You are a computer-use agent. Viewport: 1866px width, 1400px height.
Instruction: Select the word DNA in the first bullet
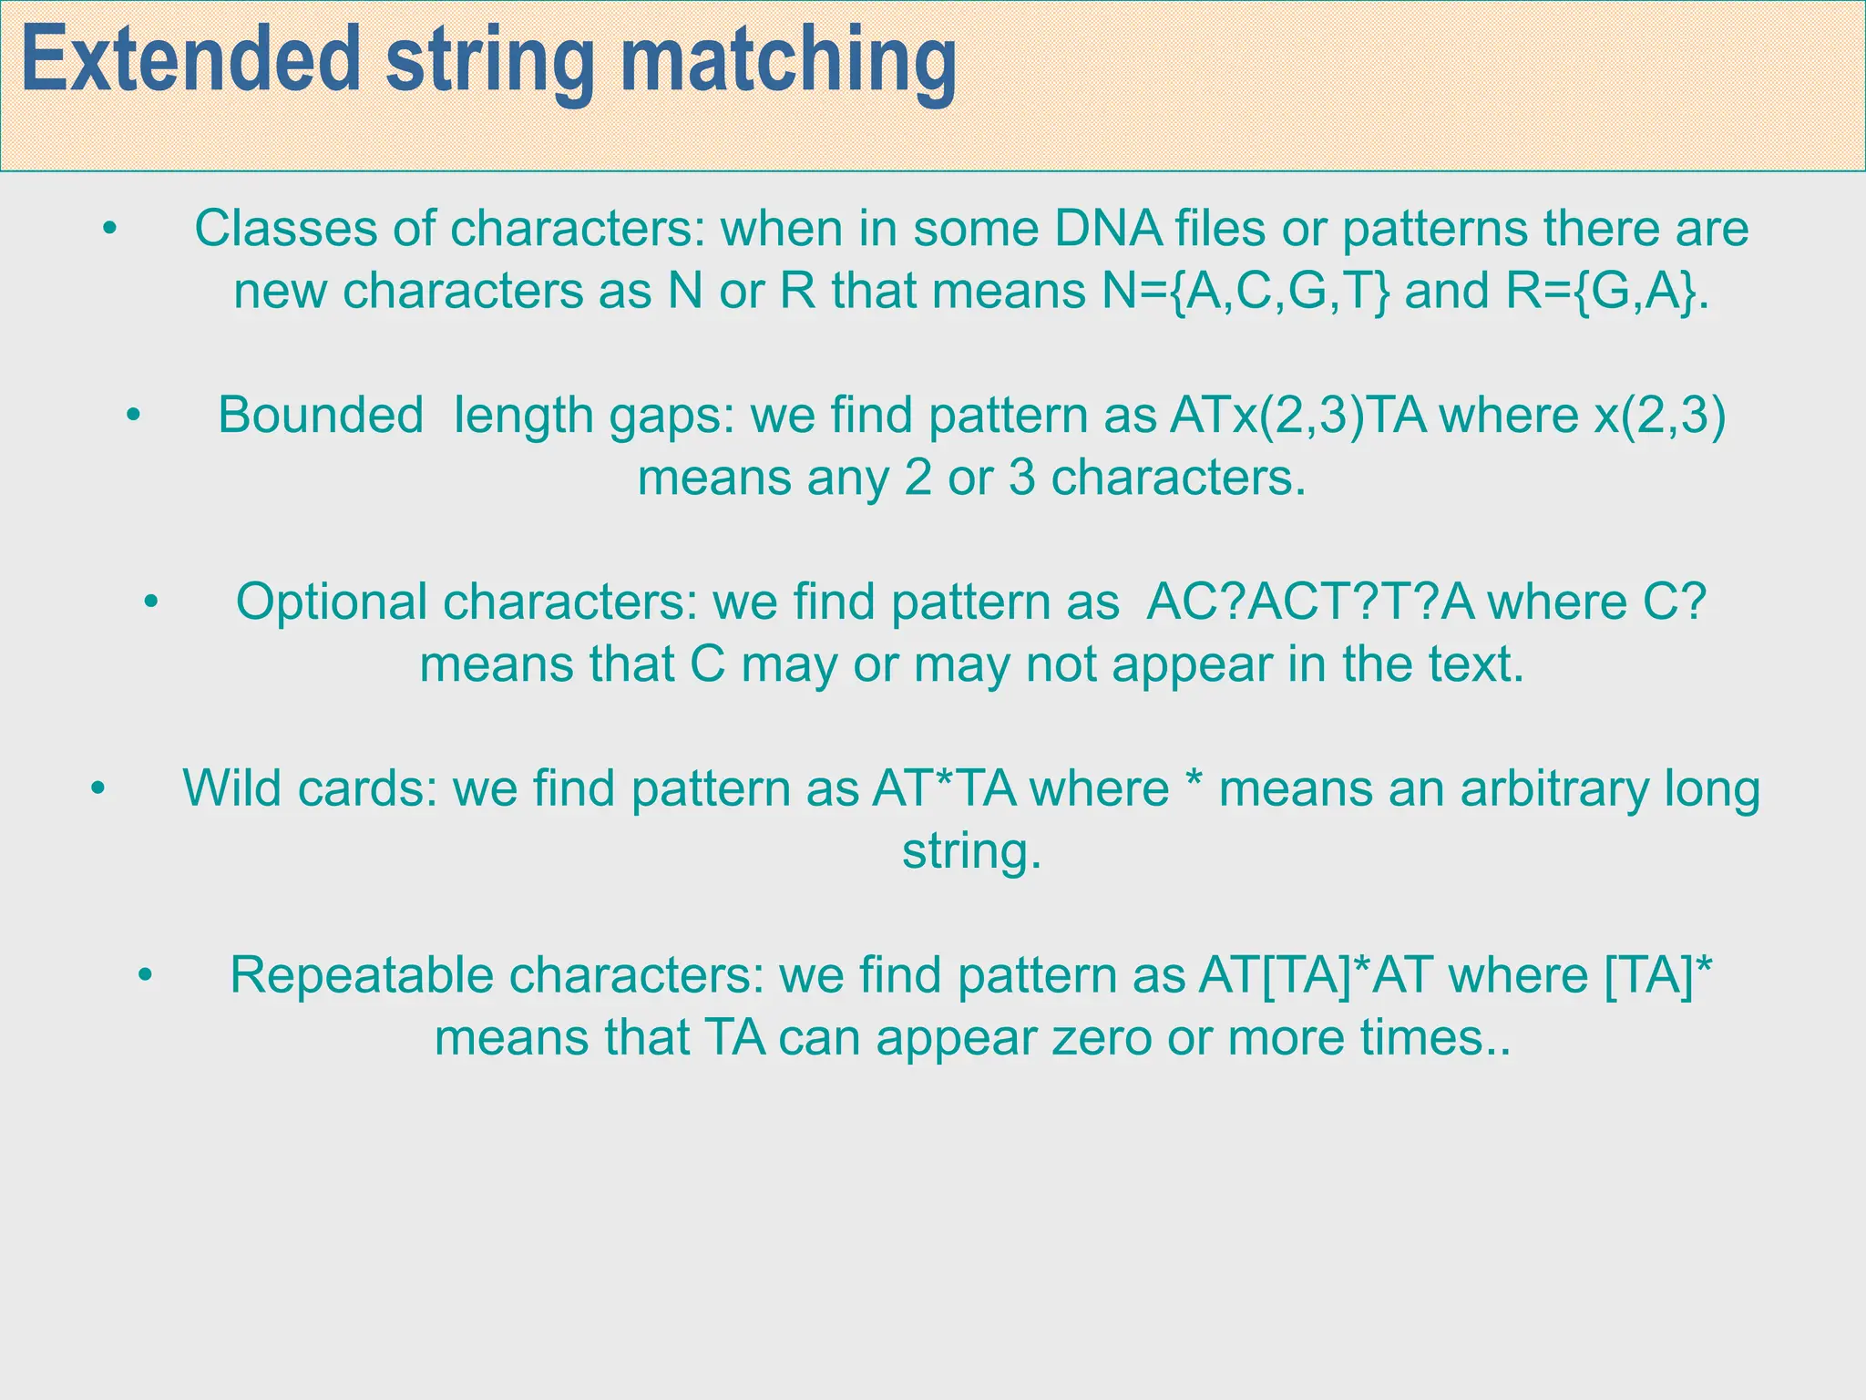pyautogui.click(x=1108, y=229)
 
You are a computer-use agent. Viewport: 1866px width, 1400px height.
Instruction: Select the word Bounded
pyautogui.click(x=321, y=416)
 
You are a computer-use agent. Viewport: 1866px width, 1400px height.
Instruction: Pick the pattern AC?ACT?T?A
pyautogui.click(x=1310, y=602)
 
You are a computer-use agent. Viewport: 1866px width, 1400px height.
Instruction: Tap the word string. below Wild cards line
pyautogui.click(x=971, y=852)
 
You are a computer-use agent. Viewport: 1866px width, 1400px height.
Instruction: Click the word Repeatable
pyautogui.click(x=359, y=976)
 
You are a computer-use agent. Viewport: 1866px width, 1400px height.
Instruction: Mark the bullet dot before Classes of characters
pyautogui.click(x=110, y=228)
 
